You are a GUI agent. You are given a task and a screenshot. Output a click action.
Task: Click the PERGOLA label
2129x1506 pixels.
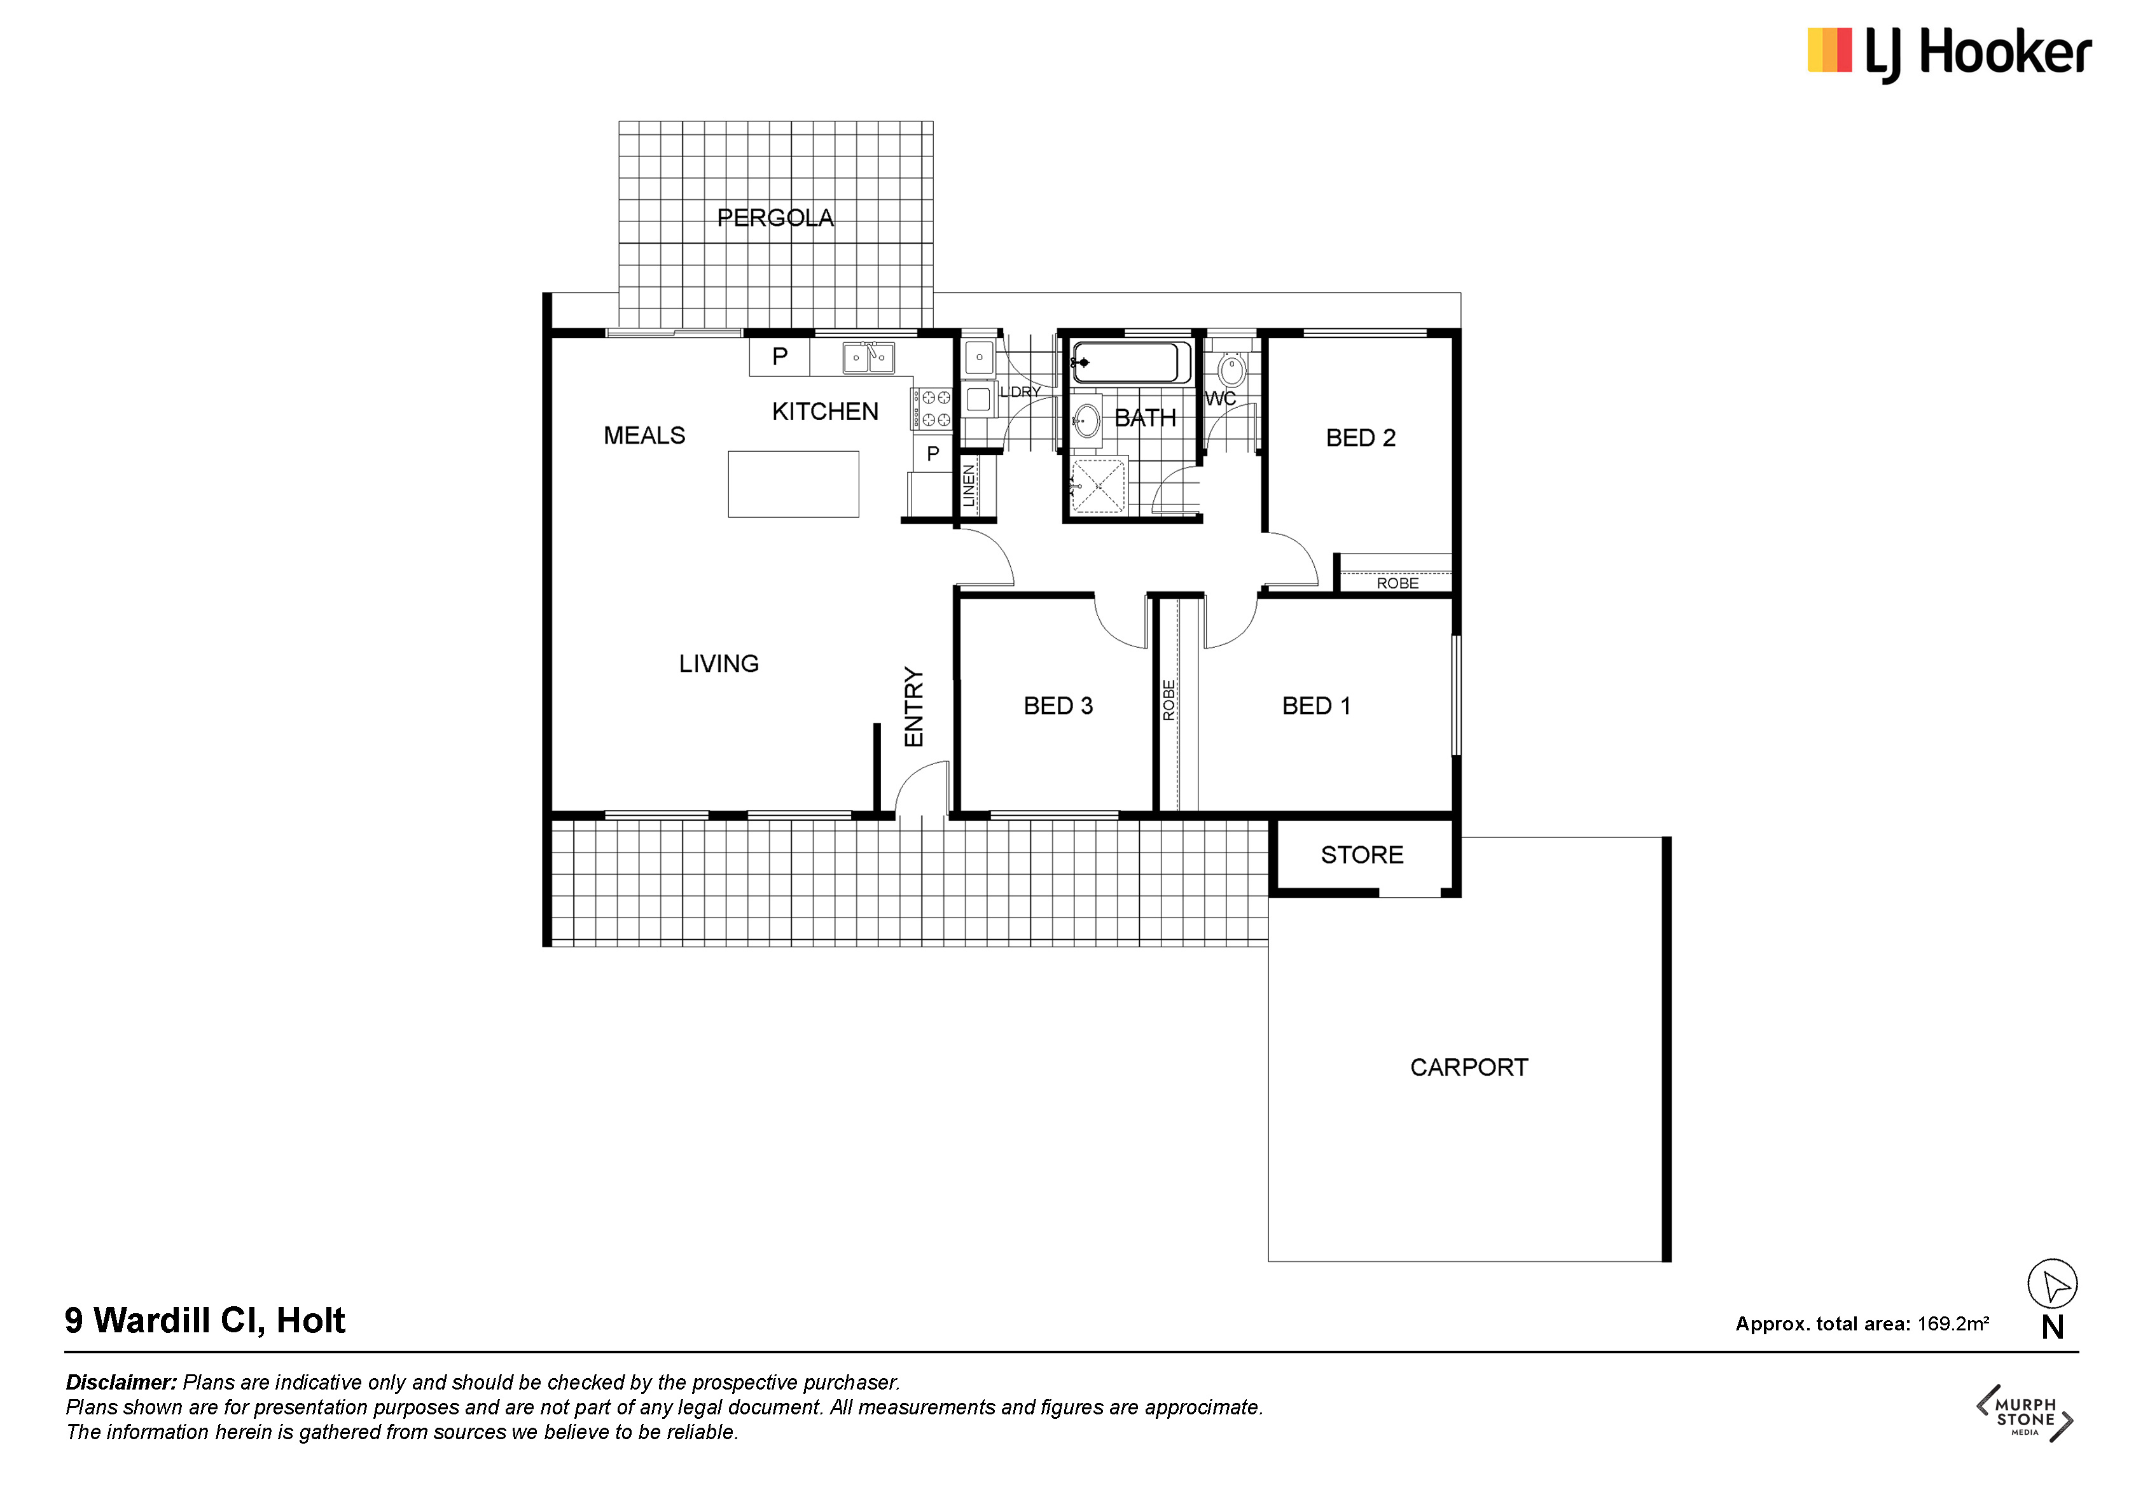[x=775, y=218]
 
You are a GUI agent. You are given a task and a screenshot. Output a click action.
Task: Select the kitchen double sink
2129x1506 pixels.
[x=869, y=358]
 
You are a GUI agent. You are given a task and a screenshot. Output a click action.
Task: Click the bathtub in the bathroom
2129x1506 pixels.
[x=1131, y=363]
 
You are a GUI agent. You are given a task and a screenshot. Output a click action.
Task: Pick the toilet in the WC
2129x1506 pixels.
[x=1231, y=368]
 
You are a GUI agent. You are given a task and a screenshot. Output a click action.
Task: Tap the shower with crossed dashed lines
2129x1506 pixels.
[x=1098, y=485]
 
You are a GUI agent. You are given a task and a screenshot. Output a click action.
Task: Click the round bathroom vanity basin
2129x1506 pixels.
[x=1086, y=422]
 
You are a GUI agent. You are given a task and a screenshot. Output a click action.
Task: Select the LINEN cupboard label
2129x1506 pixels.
[x=969, y=486]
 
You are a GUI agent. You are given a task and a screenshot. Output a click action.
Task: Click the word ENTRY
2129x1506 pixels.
[x=914, y=707]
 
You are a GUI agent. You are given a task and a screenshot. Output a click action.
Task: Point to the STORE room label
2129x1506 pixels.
[x=1361, y=855]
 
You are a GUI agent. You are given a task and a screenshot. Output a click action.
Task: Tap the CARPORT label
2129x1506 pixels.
[x=1469, y=1068]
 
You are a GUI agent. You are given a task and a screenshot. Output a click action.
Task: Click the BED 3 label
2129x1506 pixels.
[x=1058, y=706]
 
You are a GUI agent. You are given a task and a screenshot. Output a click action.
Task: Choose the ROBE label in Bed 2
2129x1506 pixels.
[x=1397, y=583]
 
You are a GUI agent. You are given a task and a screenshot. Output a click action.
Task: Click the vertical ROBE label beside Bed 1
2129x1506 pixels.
[x=1169, y=700]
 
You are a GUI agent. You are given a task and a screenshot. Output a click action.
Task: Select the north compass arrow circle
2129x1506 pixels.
[x=2052, y=1285]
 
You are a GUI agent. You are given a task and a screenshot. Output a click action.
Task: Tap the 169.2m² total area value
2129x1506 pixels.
[x=1953, y=1323]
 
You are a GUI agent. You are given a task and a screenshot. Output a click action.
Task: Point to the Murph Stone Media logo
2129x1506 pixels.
[x=2025, y=1413]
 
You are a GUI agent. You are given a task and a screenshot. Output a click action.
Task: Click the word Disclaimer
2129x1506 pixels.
[x=121, y=1383]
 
